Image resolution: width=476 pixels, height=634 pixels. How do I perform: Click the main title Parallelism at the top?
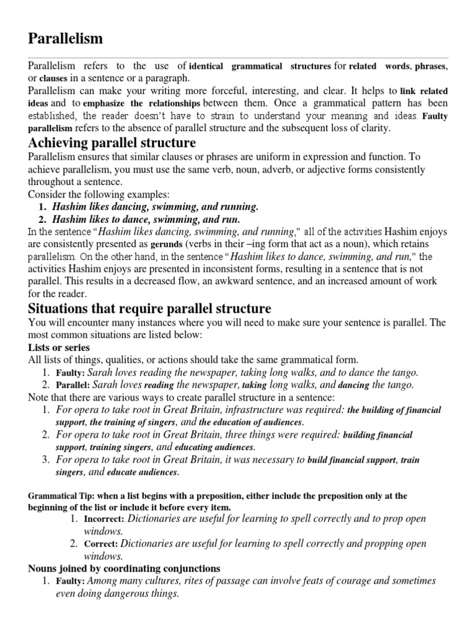66,38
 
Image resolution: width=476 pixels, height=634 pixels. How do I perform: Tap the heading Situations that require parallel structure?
149,308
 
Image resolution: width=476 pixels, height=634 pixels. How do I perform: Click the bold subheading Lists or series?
59,347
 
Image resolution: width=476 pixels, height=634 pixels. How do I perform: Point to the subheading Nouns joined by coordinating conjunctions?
123,568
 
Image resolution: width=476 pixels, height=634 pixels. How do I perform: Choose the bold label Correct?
101,544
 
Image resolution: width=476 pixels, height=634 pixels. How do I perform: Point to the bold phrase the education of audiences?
250,422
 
